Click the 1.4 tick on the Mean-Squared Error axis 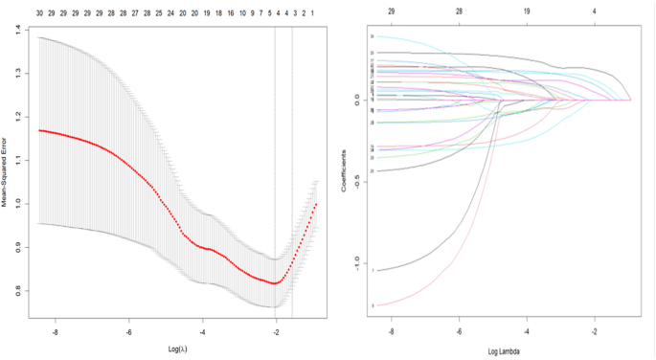click(x=17, y=31)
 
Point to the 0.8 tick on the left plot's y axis click(x=17, y=291)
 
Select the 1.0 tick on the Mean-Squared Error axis click(x=17, y=204)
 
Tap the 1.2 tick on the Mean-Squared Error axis click(x=17, y=118)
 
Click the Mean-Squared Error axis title click(x=6, y=172)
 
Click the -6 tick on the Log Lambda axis click(x=460, y=331)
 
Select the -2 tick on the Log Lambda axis click(x=595, y=331)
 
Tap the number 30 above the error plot click(x=39, y=14)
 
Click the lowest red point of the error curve click(x=275, y=283)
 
